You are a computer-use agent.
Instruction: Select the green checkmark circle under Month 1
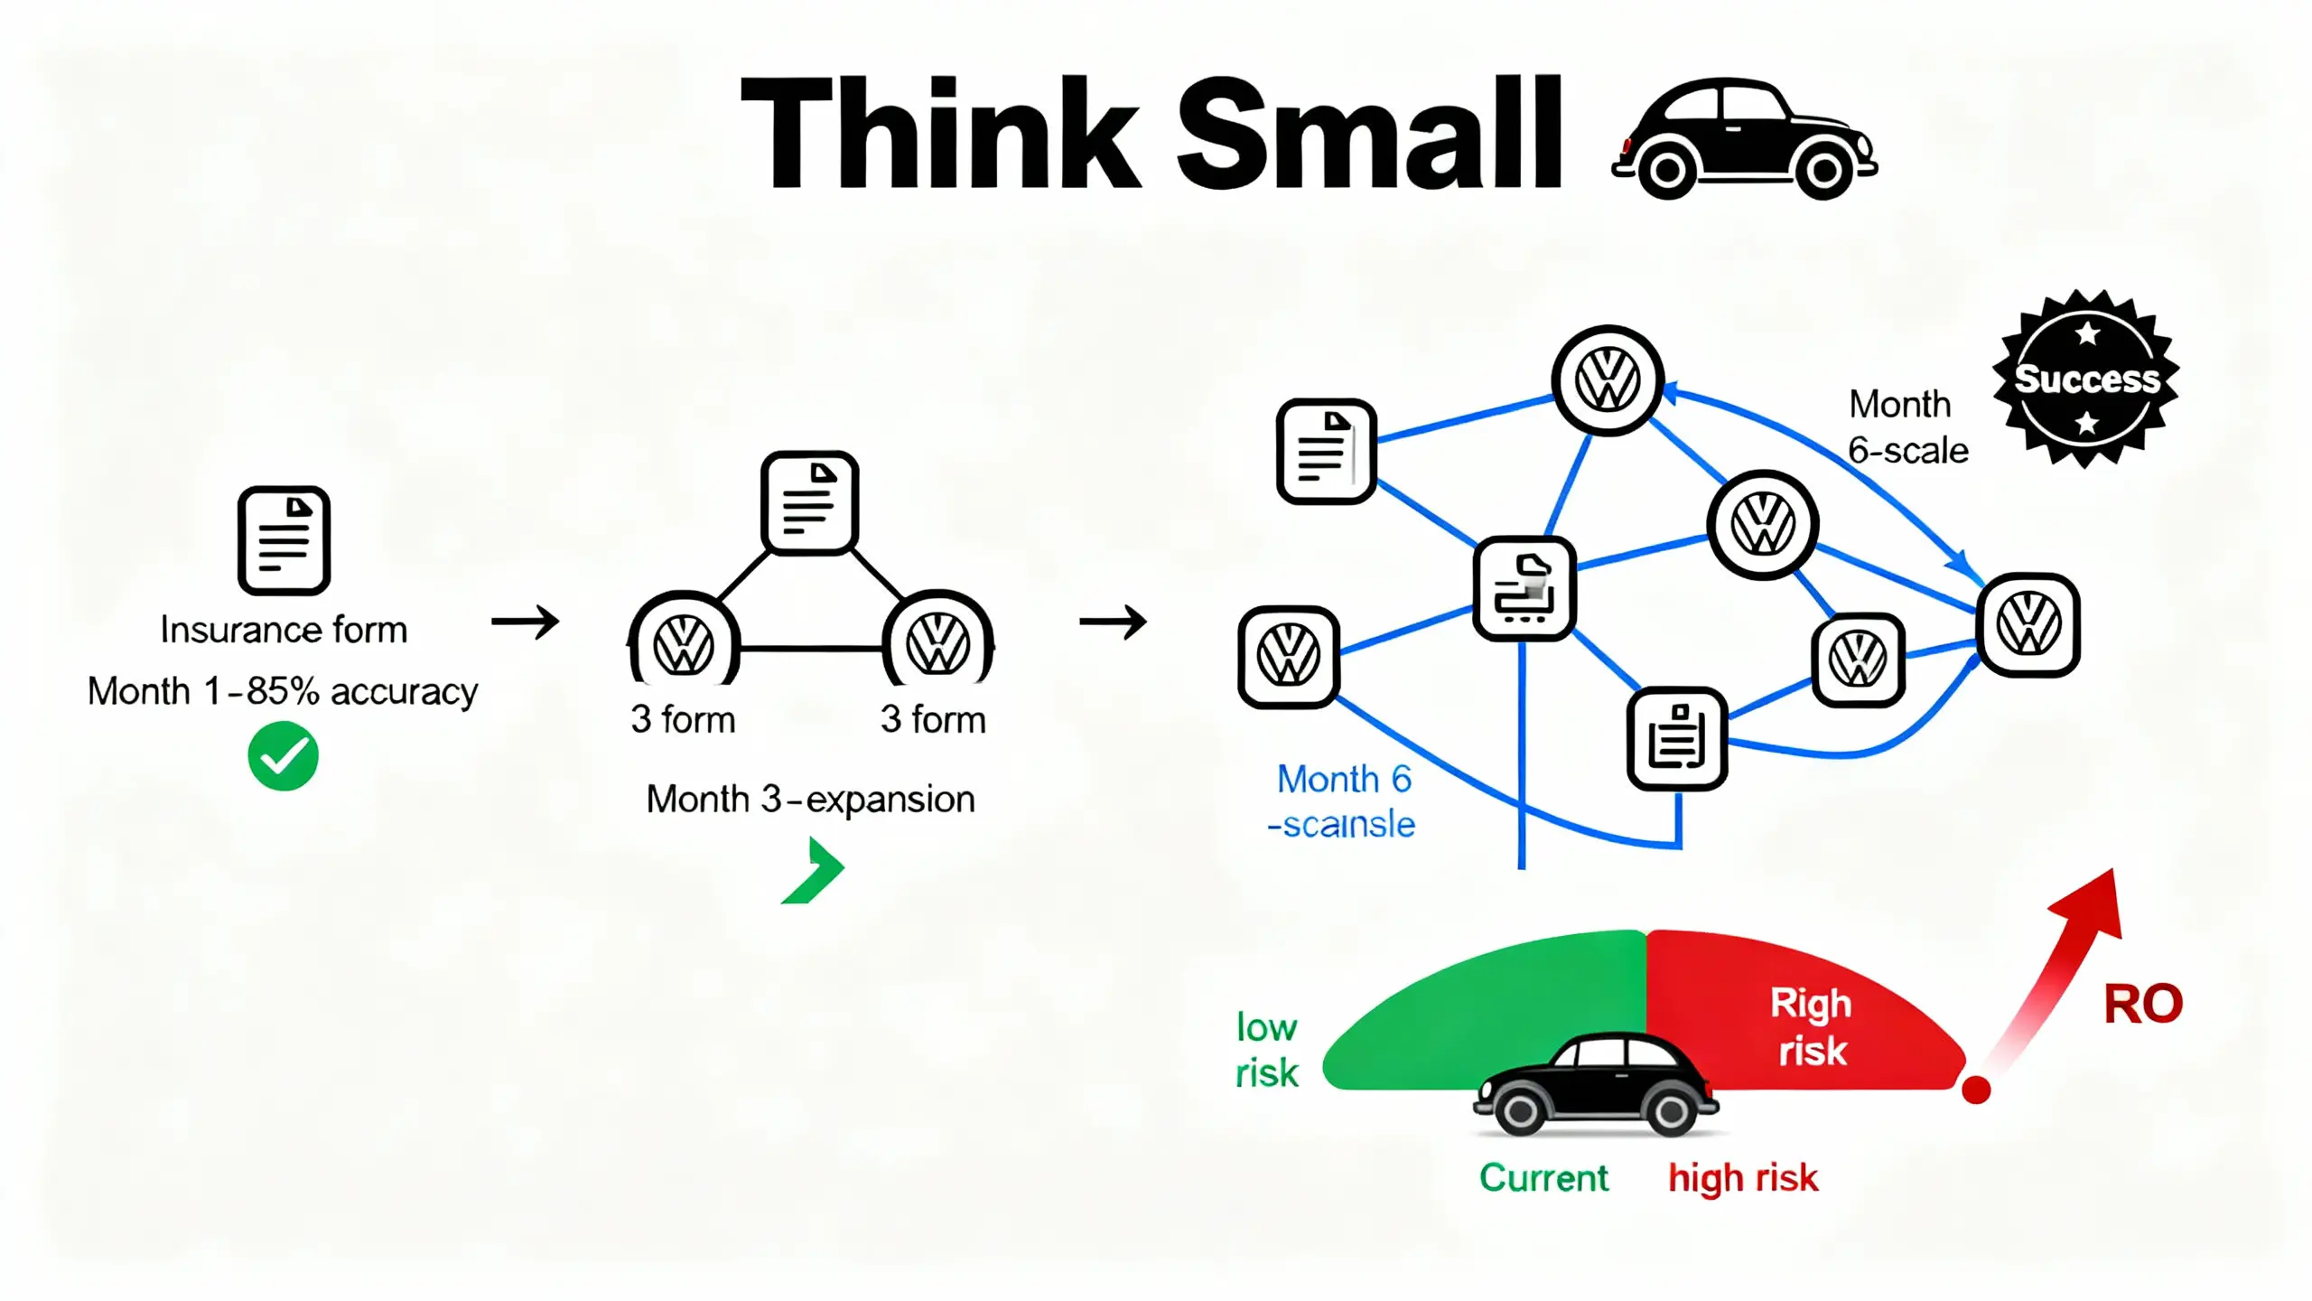283,756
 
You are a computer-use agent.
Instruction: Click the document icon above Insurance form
284,540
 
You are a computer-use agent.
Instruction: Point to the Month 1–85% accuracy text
283,692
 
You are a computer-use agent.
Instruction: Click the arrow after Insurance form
526,622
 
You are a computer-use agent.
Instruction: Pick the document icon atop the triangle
809,502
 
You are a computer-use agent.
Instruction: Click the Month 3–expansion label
810,800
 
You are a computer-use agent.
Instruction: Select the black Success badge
2085,379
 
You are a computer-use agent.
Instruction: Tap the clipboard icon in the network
1677,738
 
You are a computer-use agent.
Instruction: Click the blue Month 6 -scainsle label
1342,801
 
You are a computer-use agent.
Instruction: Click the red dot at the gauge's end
1976,1090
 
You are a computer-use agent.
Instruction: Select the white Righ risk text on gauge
1811,1027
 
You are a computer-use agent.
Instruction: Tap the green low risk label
1266,1051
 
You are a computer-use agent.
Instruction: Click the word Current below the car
1543,1178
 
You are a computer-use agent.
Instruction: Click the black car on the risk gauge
1596,1084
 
